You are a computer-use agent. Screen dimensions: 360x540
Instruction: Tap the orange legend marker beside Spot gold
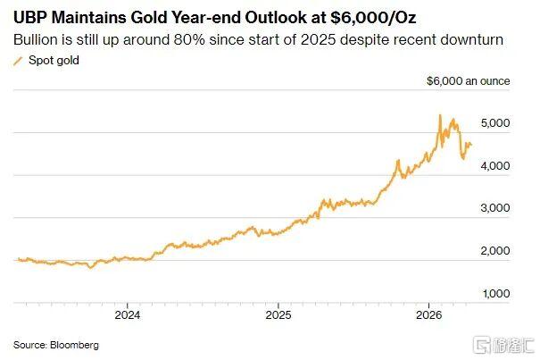[18, 61]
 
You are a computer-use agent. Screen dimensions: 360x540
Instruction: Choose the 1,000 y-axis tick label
[496, 293]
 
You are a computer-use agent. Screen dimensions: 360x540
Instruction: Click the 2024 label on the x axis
[127, 315]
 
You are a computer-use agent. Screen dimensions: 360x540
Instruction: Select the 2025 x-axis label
[278, 315]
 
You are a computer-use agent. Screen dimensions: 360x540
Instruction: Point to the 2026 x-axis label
[430, 315]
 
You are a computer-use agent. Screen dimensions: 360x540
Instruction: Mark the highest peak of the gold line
[440, 115]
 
